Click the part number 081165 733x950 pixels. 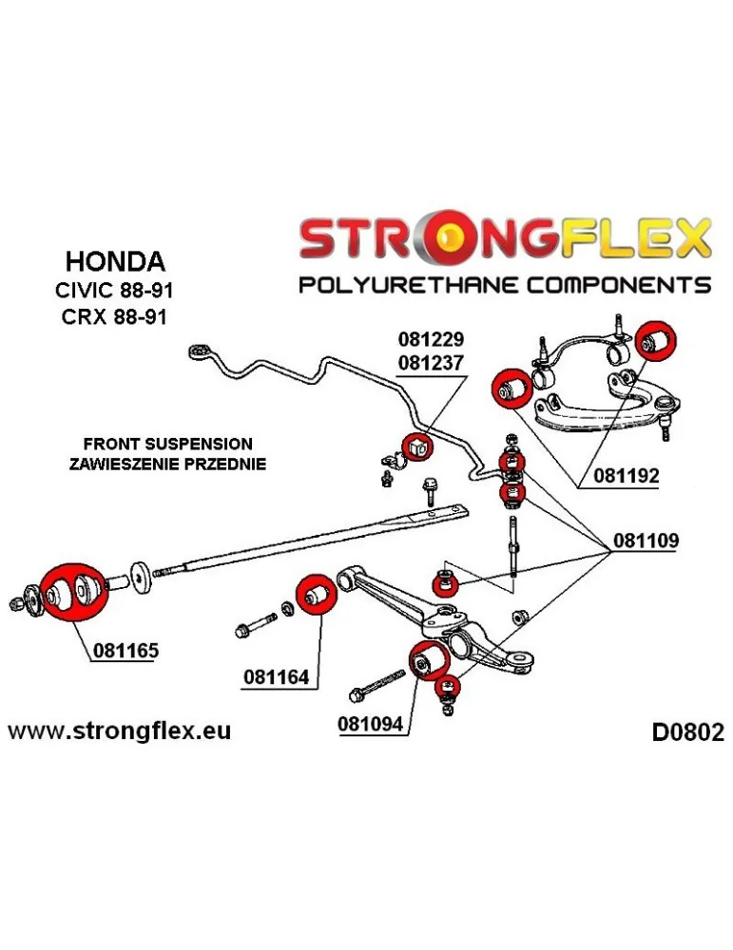point(125,651)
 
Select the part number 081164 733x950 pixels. point(276,677)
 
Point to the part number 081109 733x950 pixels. point(646,541)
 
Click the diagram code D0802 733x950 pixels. point(687,732)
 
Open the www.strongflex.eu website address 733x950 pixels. point(119,731)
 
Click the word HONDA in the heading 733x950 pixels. point(115,260)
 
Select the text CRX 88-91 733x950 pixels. point(115,316)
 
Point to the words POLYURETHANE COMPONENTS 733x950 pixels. point(505,284)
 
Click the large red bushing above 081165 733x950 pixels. point(68,594)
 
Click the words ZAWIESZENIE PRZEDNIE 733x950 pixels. point(168,465)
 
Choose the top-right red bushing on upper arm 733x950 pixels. point(654,340)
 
